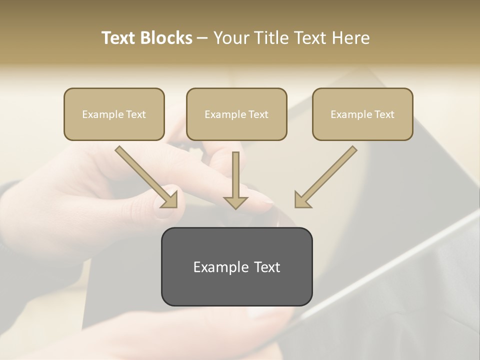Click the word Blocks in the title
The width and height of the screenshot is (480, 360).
(x=166, y=38)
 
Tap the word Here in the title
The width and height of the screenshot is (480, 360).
(x=350, y=38)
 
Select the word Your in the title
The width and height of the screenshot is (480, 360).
(x=229, y=38)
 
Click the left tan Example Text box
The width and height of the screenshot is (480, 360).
(x=114, y=114)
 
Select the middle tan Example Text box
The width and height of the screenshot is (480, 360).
(x=236, y=114)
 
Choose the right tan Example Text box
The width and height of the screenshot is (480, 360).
(x=362, y=114)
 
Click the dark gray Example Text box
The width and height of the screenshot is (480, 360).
(x=236, y=266)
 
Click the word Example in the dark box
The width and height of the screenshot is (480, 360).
(x=214, y=267)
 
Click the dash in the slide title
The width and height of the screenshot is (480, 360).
(x=202, y=38)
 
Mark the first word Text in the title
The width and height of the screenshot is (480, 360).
(x=119, y=38)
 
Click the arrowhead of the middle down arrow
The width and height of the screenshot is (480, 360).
(x=235, y=202)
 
